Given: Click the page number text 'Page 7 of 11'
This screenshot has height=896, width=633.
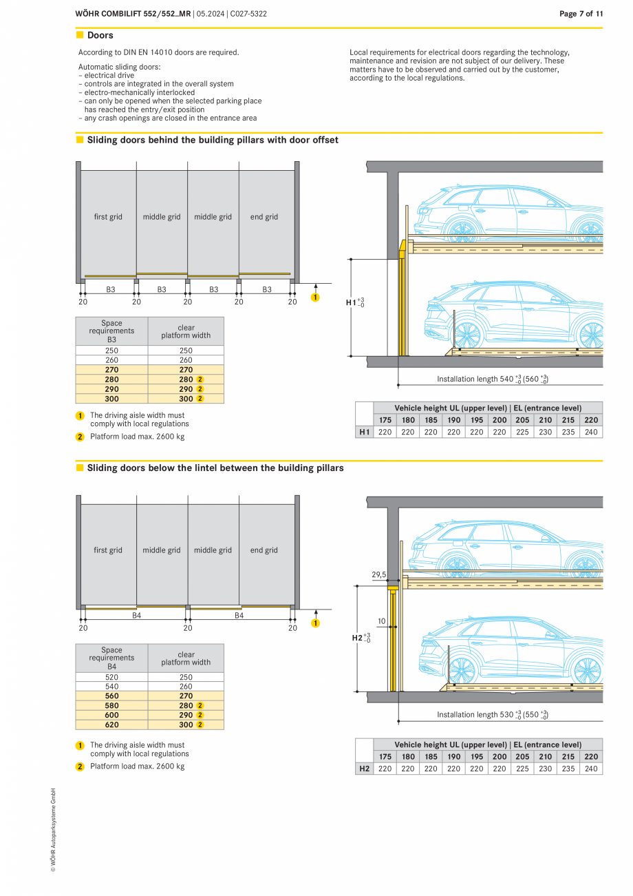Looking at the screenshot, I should point(581,14).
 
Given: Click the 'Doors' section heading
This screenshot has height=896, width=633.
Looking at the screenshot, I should point(100,35).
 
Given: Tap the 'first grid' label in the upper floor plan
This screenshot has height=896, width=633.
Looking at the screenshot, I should point(108,217).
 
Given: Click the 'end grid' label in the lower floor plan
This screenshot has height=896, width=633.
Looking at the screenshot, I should point(264,550).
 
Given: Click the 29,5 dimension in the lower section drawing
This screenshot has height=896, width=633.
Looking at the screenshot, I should point(379,574).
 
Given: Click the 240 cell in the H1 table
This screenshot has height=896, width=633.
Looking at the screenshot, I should point(590,432).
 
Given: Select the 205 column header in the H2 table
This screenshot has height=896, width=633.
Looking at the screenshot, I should point(522,756).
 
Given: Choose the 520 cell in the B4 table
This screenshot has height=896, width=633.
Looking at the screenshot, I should point(111,677).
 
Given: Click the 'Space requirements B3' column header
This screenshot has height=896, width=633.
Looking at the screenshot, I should point(111,331).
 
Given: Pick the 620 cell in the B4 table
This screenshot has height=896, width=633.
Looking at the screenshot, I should point(111,725).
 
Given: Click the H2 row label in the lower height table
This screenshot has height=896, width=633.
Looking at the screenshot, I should point(364,769).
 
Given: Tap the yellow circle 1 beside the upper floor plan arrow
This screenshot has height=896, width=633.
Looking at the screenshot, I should point(315,298).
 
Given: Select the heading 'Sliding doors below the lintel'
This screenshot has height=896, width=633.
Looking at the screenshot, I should point(215,468).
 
